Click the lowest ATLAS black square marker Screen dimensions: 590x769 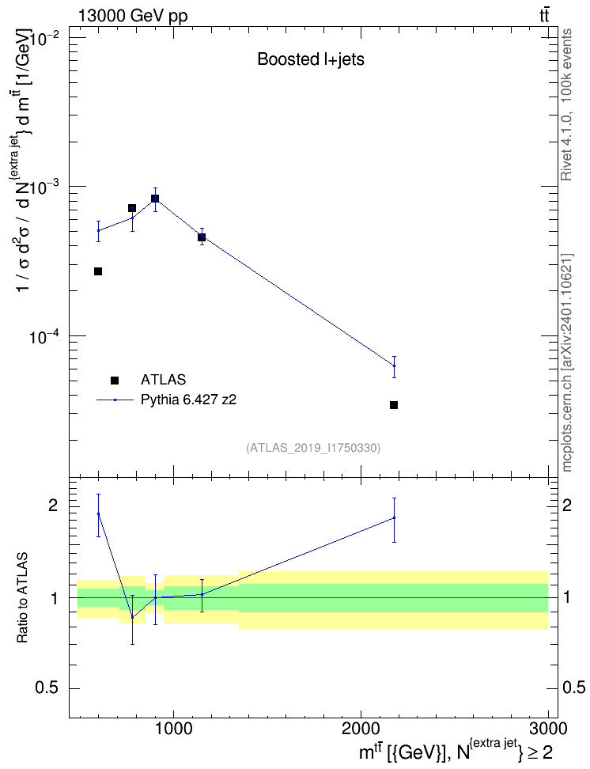pyautogui.click(x=393, y=405)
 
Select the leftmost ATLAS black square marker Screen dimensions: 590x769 pyautogui.click(x=98, y=271)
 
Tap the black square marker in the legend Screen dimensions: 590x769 pyautogui.click(x=115, y=380)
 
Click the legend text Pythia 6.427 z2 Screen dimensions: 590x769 pyautogui.click(x=188, y=400)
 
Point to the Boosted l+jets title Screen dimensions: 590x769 pyautogui.click(x=311, y=59)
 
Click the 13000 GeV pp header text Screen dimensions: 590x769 pyautogui.click(x=133, y=16)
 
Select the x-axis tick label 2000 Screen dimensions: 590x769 pyautogui.click(x=361, y=729)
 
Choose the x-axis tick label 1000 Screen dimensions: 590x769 pyautogui.click(x=174, y=729)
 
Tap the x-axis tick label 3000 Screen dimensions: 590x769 pyautogui.click(x=548, y=729)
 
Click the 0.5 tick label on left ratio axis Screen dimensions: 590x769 pyautogui.click(x=47, y=688)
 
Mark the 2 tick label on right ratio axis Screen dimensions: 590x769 pyautogui.click(x=567, y=506)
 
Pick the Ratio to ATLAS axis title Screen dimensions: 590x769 pyautogui.click(x=22, y=598)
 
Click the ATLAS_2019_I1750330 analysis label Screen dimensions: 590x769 pyautogui.click(x=313, y=448)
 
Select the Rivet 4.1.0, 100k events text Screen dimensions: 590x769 pyautogui.click(x=566, y=104)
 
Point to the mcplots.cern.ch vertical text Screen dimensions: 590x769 pyautogui.click(x=567, y=362)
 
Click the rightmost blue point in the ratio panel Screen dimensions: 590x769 pyautogui.click(x=394, y=518)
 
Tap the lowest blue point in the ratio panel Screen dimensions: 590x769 pyautogui.click(x=132, y=617)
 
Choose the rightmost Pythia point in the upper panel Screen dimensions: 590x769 pyautogui.click(x=394, y=366)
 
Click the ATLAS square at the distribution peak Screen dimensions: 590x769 pyautogui.click(x=155, y=198)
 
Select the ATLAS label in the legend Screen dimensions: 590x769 pyautogui.click(x=163, y=380)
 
